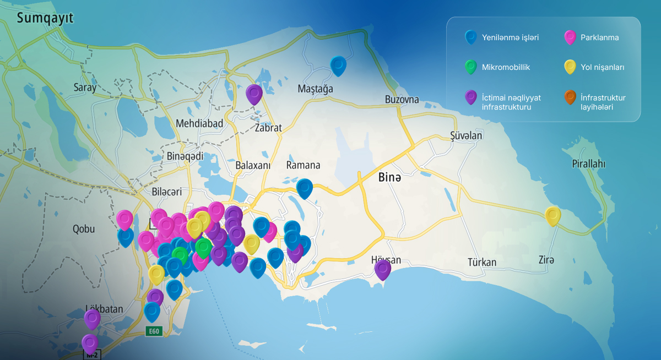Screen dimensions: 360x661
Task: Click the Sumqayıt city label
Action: coord(45,19)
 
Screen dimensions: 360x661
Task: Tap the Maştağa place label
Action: coord(315,89)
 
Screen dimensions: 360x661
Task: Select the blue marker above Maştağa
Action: coord(338,65)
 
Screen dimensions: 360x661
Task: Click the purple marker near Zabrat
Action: coord(254,94)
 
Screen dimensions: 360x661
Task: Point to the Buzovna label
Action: coord(402,100)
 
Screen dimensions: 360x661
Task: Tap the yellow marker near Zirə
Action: coord(552,215)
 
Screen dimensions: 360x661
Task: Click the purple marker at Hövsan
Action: coord(382,269)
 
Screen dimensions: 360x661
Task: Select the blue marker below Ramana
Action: coord(304,188)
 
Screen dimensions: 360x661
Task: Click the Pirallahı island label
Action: coord(588,163)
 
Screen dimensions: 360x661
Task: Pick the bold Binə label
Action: coord(390,178)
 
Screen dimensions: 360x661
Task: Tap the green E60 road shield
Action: coord(154,331)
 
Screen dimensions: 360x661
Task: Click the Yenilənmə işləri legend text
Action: coord(510,37)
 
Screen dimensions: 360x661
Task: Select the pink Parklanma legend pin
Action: coord(570,37)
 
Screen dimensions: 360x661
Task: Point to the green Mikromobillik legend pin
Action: coord(470,67)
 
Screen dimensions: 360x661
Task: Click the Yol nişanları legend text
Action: coord(602,67)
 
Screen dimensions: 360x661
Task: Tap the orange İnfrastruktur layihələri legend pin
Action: coord(570,97)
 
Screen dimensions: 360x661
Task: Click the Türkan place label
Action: coord(481,262)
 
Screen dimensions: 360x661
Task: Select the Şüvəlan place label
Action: coord(466,135)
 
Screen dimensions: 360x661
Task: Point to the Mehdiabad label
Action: coord(199,123)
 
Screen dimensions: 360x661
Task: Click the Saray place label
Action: coord(85,87)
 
